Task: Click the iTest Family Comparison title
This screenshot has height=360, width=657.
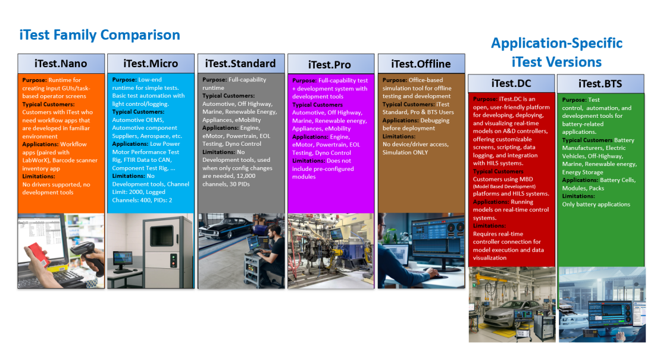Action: [x=100, y=35]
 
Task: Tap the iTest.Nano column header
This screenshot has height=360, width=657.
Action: [x=61, y=64]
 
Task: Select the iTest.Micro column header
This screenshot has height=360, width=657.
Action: [x=151, y=64]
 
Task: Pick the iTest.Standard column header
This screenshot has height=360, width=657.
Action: [x=241, y=64]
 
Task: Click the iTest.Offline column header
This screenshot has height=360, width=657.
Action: [x=421, y=64]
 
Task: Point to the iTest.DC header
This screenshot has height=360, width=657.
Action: [x=511, y=83]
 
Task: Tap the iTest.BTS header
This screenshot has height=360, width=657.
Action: [x=600, y=83]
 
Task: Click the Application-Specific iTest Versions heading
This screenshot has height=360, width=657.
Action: [x=557, y=52]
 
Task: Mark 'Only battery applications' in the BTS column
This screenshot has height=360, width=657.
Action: [x=596, y=205]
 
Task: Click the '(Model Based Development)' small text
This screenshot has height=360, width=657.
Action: [x=504, y=186]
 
